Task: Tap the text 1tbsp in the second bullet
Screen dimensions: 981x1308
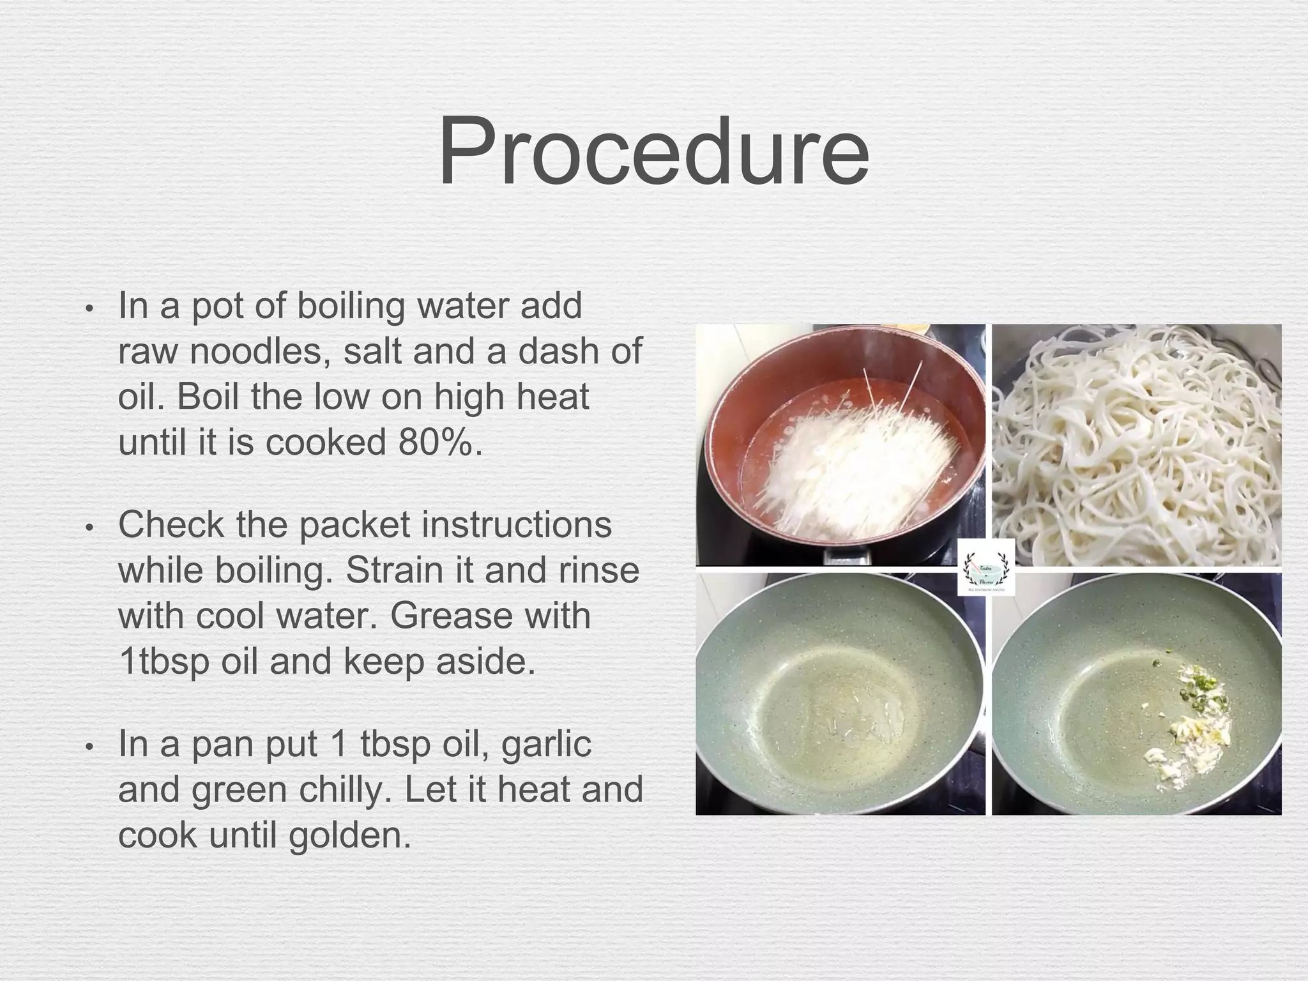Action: tap(164, 662)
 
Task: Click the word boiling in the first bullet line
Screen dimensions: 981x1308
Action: tap(351, 307)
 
